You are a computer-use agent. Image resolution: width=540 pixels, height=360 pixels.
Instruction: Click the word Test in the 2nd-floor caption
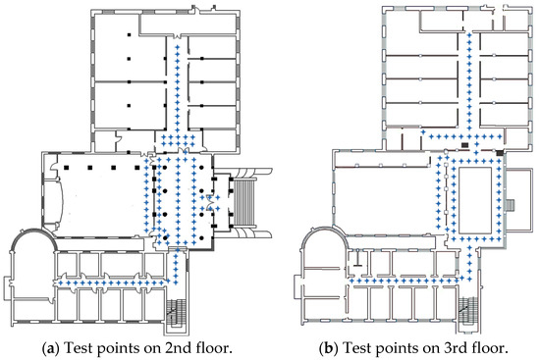pos(78,348)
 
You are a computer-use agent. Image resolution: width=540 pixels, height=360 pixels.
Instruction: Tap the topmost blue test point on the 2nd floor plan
pos(178,47)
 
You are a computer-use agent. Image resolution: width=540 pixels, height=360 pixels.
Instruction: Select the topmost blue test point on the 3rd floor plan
pos(468,34)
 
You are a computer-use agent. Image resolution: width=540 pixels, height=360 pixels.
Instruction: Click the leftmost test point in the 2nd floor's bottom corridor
pos(61,283)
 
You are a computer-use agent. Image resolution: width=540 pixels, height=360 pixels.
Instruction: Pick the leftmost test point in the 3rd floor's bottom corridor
pos(351,281)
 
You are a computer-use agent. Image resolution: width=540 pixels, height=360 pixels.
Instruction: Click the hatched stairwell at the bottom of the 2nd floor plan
pos(176,311)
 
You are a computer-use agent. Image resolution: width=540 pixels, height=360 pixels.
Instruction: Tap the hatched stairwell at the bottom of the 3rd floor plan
pos(468,310)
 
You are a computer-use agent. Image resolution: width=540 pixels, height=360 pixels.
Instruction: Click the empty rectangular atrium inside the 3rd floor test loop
pos(475,199)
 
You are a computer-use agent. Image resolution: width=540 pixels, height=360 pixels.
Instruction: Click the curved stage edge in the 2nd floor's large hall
pos(62,202)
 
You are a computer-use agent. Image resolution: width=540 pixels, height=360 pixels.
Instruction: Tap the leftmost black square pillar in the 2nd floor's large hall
pos(67,168)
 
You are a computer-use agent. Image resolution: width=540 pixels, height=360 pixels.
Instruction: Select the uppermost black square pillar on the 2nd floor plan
pos(129,34)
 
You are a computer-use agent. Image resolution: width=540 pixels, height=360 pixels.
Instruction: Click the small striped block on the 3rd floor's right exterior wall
pos(511,205)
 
